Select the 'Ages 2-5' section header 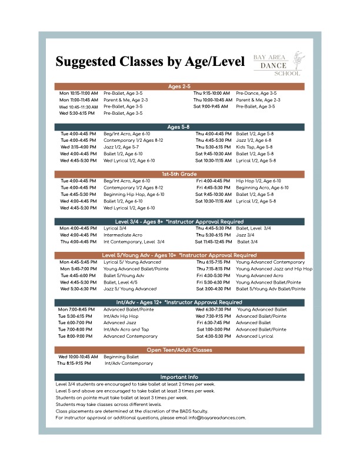click(179, 86)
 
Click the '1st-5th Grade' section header click(179, 174)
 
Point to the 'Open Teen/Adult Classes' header click(179, 350)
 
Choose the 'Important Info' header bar click(179, 377)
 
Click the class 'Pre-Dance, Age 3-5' click(256, 94)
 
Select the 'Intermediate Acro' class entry click(123, 235)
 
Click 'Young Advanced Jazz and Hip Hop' click(274, 268)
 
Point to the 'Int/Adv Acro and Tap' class click(126, 329)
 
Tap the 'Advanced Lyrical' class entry click(254, 336)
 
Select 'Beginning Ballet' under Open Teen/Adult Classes click(121, 357)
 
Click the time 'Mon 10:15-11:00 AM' click(78, 94)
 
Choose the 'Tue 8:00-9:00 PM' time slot click(76, 336)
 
